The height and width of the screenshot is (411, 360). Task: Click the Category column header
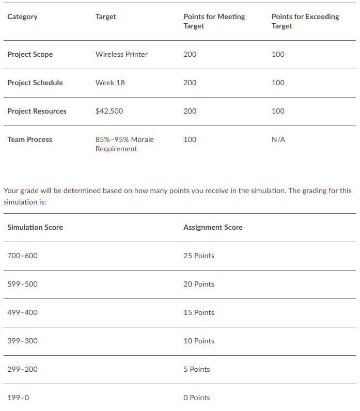tap(22, 17)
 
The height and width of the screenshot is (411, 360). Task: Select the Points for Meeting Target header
tap(214, 21)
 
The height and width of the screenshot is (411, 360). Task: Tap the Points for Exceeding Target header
tap(305, 21)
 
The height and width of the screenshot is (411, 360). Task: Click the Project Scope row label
tap(30, 54)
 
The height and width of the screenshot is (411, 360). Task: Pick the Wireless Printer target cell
tap(121, 54)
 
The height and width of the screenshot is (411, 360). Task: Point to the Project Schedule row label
tap(35, 83)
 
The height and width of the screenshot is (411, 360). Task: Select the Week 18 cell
tap(110, 83)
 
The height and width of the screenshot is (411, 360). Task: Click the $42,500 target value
tap(109, 111)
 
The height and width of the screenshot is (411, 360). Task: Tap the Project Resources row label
tap(37, 111)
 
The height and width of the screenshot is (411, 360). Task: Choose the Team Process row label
tap(29, 139)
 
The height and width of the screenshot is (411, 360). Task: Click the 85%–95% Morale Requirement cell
tap(124, 144)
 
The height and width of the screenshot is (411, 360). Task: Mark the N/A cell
tap(278, 139)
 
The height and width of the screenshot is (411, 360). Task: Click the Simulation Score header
tap(35, 227)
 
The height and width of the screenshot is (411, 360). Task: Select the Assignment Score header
tap(213, 227)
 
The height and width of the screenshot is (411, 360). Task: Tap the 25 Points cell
tap(199, 256)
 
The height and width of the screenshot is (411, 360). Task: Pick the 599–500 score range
tap(22, 284)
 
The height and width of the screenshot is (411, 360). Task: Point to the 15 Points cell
tap(199, 312)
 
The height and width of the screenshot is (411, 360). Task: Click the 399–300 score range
tap(22, 341)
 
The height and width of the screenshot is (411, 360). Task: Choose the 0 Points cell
tap(197, 398)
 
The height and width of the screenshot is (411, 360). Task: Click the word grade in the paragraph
tap(29, 191)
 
